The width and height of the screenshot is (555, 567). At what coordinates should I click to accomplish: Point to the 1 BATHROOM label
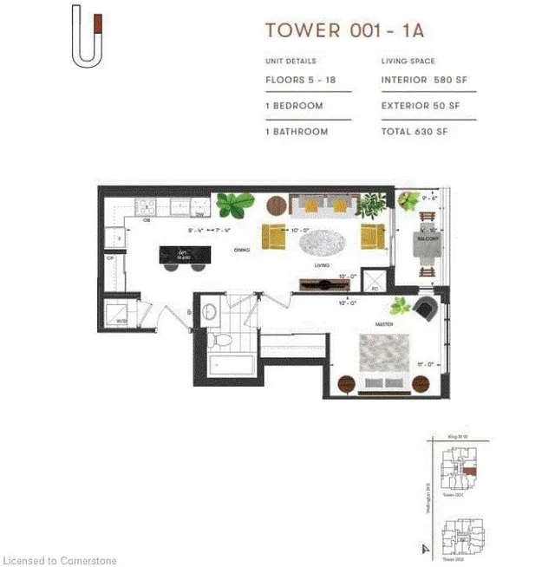pyautogui.click(x=297, y=132)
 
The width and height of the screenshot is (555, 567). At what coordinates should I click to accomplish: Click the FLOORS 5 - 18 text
pyautogui.click(x=299, y=80)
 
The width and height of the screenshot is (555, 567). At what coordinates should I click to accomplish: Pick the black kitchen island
pyautogui.click(x=185, y=254)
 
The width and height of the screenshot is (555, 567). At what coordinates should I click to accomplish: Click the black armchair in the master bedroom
pyautogui.click(x=426, y=308)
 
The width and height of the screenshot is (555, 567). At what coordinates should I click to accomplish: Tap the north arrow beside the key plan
pyautogui.click(x=424, y=547)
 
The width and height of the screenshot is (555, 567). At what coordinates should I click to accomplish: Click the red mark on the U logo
pyautogui.click(x=98, y=23)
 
